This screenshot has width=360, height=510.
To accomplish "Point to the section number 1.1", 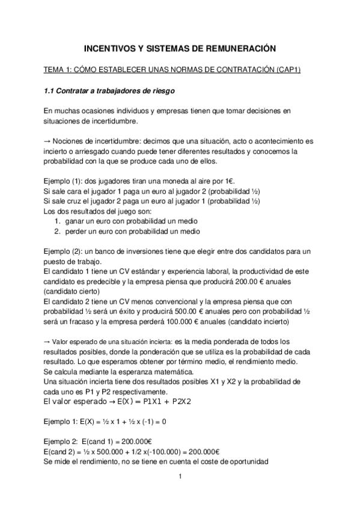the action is [x=50, y=91].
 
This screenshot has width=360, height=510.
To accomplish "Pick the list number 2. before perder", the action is [x=58, y=232].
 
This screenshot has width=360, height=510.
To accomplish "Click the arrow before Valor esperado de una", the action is [x=47, y=342].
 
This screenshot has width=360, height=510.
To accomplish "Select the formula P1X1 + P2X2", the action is [x=162, y=402].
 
